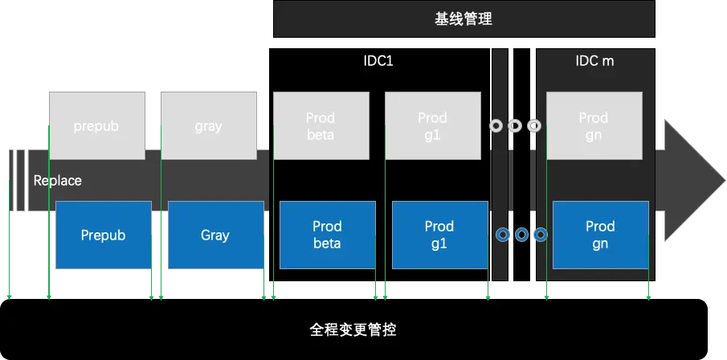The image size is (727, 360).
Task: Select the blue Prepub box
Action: coord(103,235)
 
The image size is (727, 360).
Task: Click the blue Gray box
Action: coord(214,235)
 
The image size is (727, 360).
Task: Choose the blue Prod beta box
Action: coord(327,235)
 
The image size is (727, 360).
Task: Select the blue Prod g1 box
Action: coord(439,235)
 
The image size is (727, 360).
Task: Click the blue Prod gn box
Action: coord(600,235)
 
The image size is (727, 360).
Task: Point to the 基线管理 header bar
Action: coord(464,19)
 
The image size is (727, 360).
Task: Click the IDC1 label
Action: coord(378,61)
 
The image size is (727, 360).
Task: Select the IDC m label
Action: coord(595,61)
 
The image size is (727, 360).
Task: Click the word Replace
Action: coord(57,181)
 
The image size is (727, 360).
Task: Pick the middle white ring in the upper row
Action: coord(515,126)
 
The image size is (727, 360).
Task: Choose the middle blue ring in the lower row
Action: coord(521,235)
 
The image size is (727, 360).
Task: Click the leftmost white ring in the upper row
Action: coord(496,126)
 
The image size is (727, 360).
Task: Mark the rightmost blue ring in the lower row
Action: coord(540,235)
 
